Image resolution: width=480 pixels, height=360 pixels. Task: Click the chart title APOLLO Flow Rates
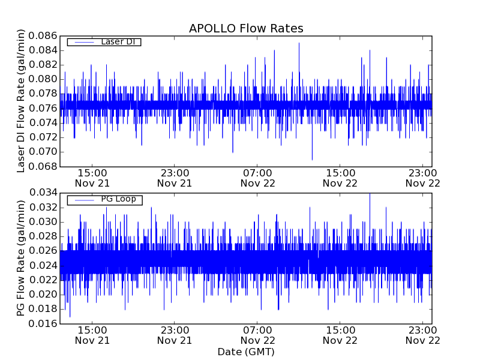(246, 28)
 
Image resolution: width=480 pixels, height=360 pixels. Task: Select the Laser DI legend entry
(104, 41)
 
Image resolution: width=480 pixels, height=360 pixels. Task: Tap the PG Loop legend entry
(104, 199)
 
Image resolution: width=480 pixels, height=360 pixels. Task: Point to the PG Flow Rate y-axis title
(21, 258)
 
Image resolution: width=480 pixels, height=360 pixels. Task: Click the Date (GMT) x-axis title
(246, 352)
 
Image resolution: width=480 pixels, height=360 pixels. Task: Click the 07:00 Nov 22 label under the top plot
(257, 178)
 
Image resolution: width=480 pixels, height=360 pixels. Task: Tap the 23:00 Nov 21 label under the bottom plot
(175, 335)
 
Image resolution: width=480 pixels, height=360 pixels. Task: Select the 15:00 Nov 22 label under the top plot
(340, 178)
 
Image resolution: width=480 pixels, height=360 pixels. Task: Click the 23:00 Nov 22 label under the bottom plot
(423, 335)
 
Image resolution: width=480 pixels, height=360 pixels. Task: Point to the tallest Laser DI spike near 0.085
(299, 43)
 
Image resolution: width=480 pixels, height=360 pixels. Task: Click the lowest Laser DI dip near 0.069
(312, 159)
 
